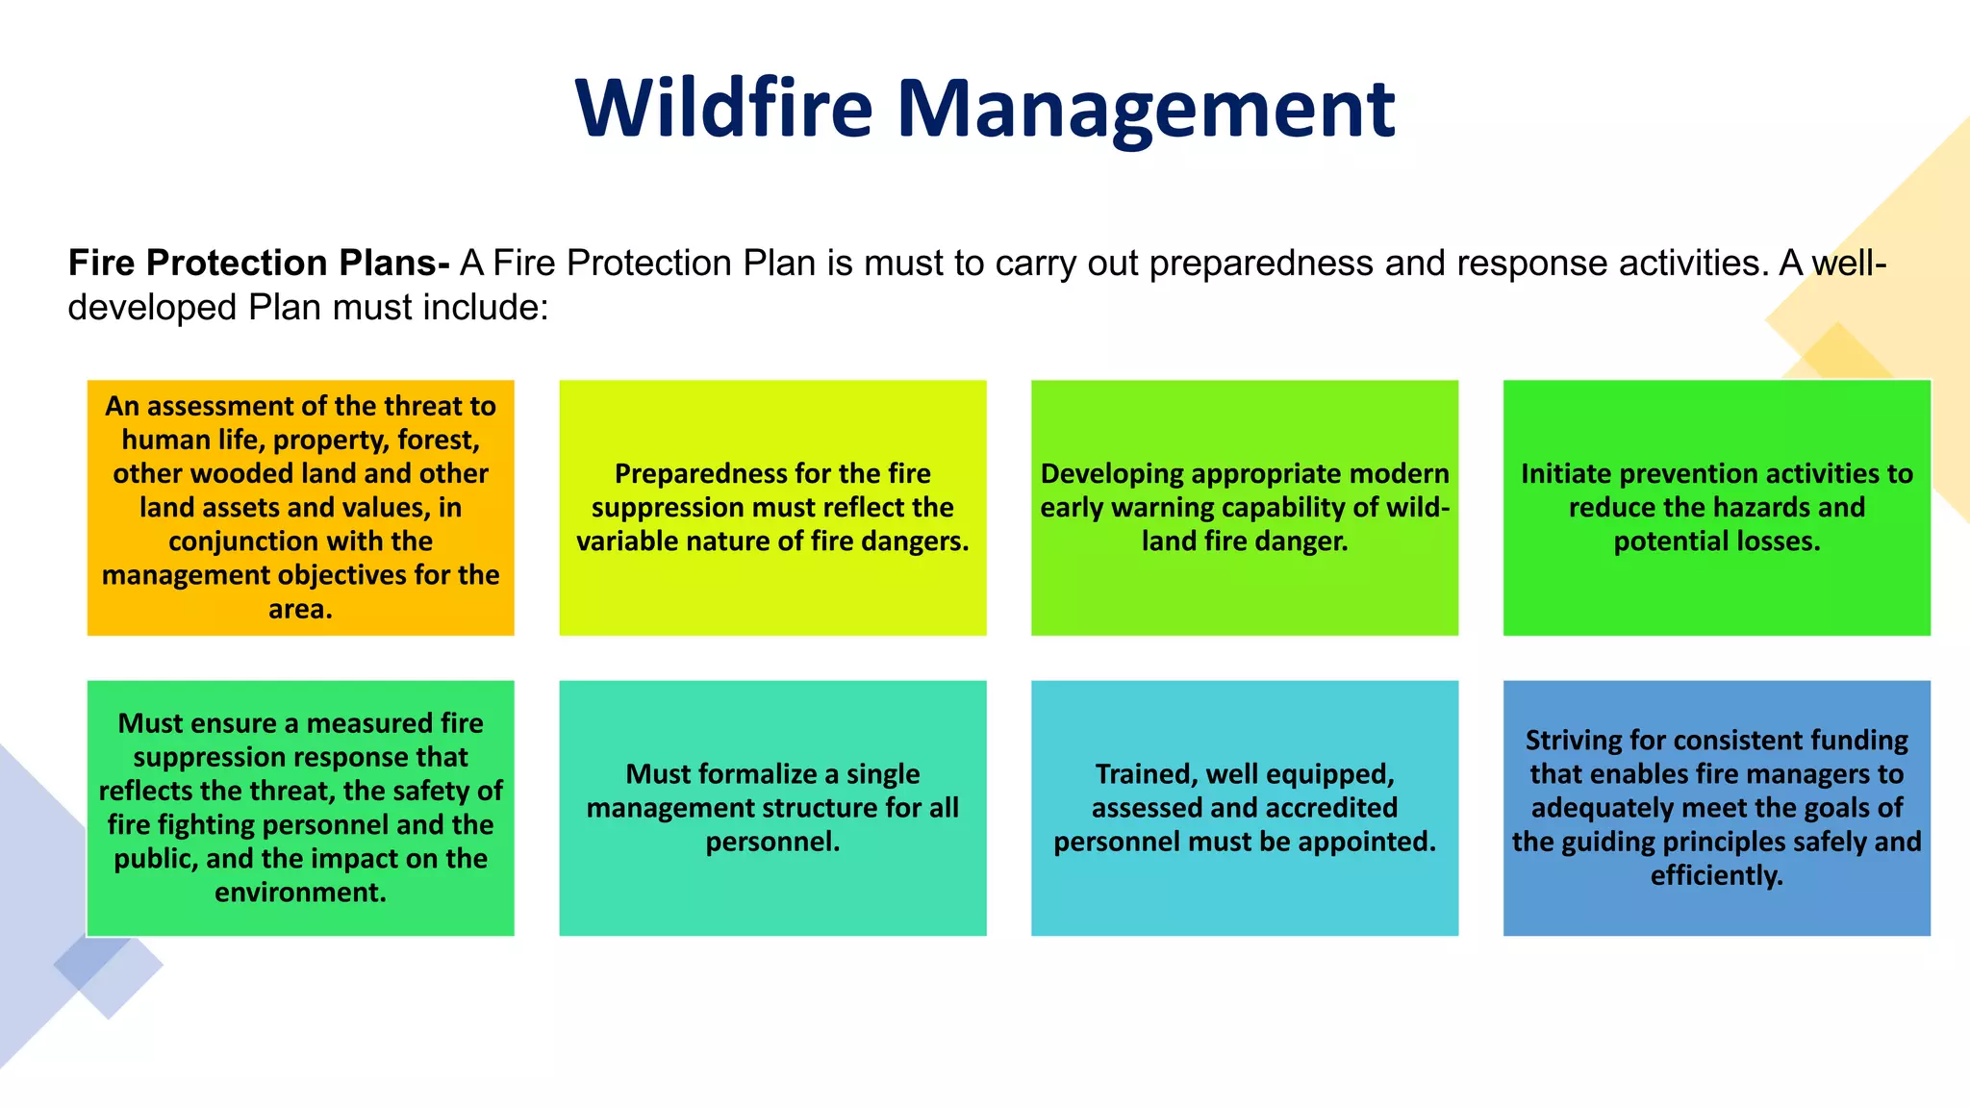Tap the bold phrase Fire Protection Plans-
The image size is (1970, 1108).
click(258, 263)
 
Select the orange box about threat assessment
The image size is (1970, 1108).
click(300, 507)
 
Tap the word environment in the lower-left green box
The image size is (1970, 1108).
click(299, 893)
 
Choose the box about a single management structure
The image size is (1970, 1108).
click(772, 807)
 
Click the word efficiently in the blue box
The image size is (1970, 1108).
click(1716, 875)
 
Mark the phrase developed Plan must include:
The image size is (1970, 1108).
click(308, 308)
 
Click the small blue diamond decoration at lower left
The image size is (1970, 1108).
click(109, 965)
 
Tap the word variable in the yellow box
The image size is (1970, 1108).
click(626, 541)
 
